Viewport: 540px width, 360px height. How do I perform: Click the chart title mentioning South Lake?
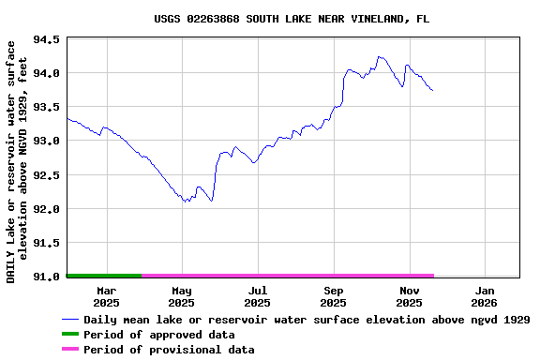[292, 18]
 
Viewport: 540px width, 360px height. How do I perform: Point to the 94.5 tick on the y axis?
[47, 39]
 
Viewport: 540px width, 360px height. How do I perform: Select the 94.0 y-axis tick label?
[47, 73]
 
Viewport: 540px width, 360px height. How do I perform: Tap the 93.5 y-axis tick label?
[47, 107]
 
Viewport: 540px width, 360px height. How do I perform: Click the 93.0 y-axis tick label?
[47, 141]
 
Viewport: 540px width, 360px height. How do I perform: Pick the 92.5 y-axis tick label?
[47, 175]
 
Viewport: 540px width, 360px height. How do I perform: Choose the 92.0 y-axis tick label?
[47, 209]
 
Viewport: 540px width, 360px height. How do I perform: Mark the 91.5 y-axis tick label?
[47, 243]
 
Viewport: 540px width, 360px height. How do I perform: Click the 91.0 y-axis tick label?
[47, 277]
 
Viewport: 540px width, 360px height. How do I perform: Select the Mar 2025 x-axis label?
[106, 296]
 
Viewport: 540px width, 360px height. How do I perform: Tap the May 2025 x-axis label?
[181, 296]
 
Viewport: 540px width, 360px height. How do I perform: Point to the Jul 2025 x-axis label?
[257, 296]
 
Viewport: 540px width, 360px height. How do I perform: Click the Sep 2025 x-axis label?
[333, 296]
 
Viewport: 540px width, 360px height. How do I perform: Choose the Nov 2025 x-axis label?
[409, 296]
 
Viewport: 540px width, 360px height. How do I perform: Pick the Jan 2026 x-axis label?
[484, 296]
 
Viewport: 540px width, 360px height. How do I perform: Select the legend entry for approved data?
[158, 335]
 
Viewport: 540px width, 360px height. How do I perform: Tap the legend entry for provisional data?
[168, 350]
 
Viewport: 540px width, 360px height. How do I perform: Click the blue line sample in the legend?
[70, 320]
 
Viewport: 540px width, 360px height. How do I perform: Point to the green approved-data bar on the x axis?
[104, 276]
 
